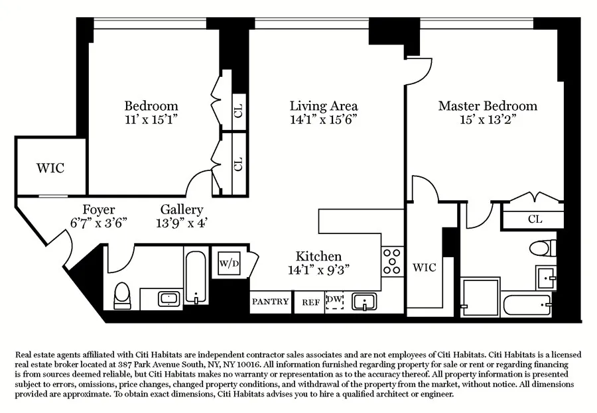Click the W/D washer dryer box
(228, 263)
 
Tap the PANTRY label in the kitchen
(271, 302)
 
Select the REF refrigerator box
(310, 302)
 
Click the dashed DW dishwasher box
(335, 302)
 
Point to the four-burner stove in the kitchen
(391, 261)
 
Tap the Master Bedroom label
(487, 106)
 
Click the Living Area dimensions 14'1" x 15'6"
(324, 121)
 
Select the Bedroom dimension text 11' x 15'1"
(151, 121)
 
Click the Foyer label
(99, 209)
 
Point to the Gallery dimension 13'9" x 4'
(182, 223)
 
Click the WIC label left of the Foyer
(50, 168)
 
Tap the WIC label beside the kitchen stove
(425, 267)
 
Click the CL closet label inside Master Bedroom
(535, 219)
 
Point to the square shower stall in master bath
(480, 298)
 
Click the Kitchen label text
(318, 256)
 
